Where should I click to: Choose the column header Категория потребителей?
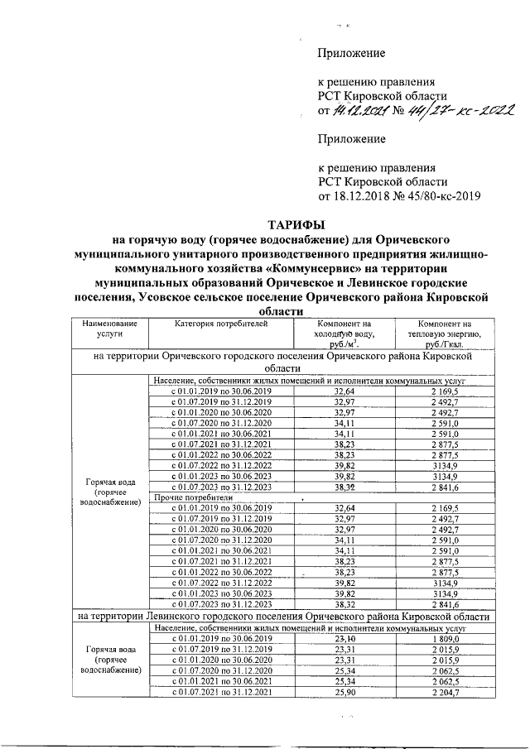pos(221,324)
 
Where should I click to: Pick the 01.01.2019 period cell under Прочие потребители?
pos(221,508)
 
